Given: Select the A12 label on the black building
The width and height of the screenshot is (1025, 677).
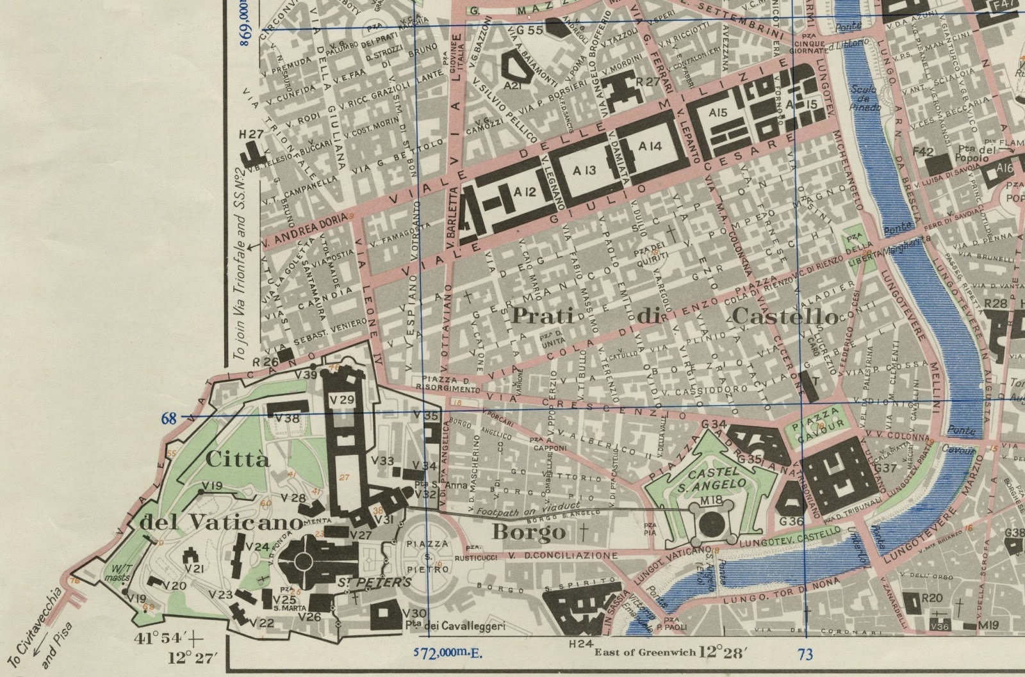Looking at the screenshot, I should click(524, 192).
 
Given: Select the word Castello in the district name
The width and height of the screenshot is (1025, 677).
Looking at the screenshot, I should click(784, 316).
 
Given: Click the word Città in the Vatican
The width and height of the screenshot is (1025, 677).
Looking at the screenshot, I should click(229, 459).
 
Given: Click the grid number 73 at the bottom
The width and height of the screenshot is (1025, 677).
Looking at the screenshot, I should click(805, 653).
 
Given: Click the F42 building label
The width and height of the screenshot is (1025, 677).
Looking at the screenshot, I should click(922, 152).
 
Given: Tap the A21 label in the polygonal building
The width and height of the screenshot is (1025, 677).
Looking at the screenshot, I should click(511, 85).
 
